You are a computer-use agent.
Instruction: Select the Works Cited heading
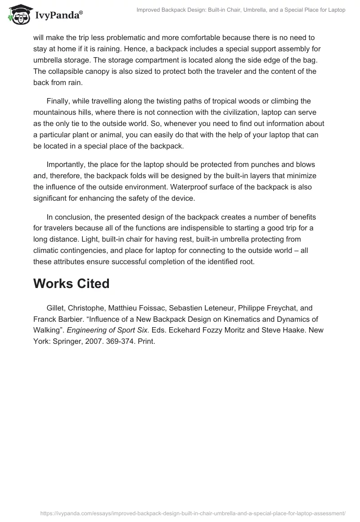click(x=71, y=283)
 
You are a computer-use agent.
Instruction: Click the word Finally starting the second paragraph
click(x=59, y=101)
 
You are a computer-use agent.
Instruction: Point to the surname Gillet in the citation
click(x=57, y=308)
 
